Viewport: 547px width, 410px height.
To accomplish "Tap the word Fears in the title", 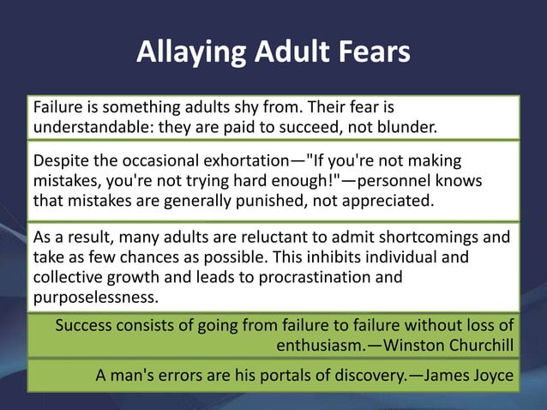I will pyautogui.click(x=372, y=53).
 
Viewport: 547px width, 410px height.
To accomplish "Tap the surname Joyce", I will pyautogui.click(x=492, y=375).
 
